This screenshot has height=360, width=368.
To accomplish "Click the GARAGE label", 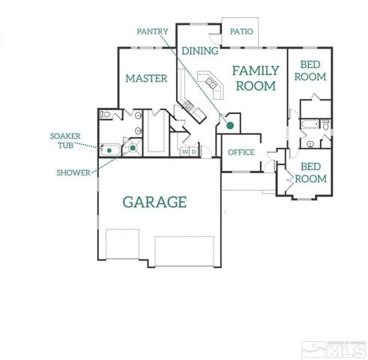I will [154, 202].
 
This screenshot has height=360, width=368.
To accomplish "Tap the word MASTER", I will [145, 78].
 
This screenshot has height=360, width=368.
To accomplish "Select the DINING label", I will [199, 51].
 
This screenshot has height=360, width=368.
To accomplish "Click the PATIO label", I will [241, 31].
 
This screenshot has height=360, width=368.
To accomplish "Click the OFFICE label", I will [241, 152].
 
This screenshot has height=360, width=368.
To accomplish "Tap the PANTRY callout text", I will [153, 31].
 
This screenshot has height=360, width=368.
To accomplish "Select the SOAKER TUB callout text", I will [61, 141].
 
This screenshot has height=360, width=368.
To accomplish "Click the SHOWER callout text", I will [73, 172].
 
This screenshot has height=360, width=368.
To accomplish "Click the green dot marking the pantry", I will [231, 124].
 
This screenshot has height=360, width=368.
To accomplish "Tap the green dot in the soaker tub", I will [109, 150].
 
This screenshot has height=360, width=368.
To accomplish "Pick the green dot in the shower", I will [132, 148].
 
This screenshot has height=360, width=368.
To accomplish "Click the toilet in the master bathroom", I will [106, 115].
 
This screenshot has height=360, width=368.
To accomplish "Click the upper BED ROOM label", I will [310, 71].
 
